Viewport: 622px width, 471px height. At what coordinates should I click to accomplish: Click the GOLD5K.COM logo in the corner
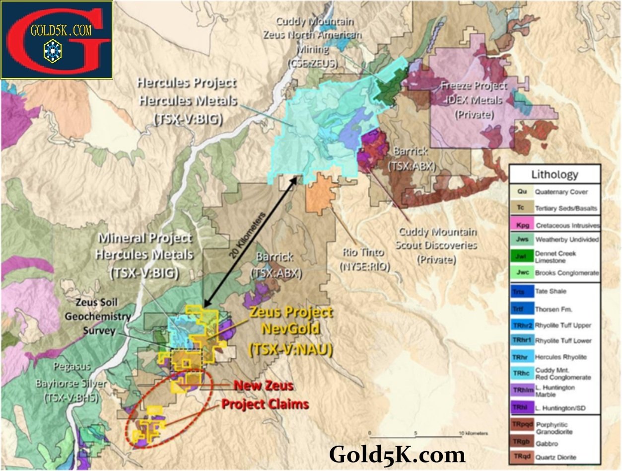click(x=57, y=39)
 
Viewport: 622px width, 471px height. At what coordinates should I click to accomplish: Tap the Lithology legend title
click(x=554, y=174)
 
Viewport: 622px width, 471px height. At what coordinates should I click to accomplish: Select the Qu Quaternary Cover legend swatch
click(x=522, y=191)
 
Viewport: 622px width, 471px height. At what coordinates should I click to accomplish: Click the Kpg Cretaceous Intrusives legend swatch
click(x=522, y=225)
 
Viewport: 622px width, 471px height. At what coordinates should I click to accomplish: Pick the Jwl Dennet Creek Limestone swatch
click(x=522, y=256)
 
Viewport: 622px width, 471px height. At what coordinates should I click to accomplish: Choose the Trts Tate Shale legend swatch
click(x=522, y=292)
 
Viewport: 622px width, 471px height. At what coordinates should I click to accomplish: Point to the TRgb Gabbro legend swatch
click(x=522, y=441)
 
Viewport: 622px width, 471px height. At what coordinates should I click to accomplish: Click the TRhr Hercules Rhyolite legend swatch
click(x=522, y=357)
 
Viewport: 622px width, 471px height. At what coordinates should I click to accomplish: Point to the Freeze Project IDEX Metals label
click(x=475, y=100)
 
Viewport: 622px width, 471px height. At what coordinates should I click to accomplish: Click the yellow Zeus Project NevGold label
click(x=290, y=331)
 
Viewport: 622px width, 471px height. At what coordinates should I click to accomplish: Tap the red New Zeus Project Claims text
click(x=264, y=394)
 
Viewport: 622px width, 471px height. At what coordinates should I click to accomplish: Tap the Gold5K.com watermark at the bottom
click(x=397, y=454)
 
